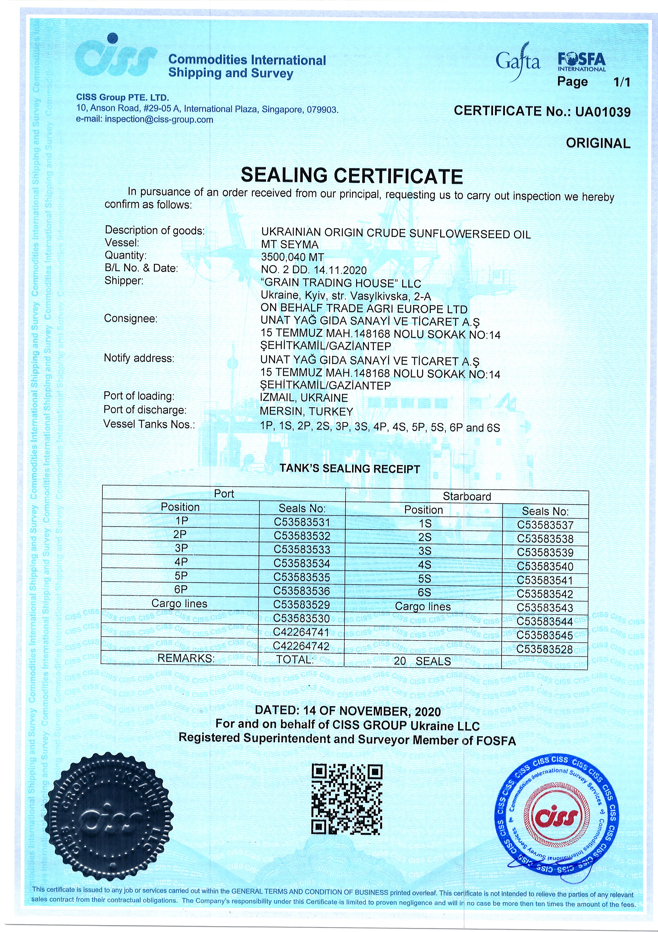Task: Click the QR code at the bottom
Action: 347,799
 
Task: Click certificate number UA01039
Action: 603,112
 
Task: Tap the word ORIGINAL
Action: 598,143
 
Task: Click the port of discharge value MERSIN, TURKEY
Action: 306,411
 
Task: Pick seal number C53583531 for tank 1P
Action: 302,522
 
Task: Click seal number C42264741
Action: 301,632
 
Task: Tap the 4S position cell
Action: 425,565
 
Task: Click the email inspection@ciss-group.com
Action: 159,119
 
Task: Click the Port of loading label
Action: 139,396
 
